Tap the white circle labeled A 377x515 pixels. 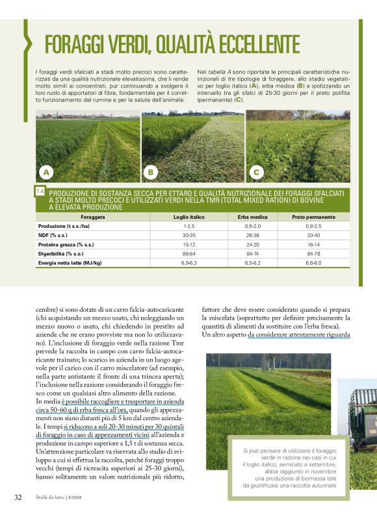tap(46, 172)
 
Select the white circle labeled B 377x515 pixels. tap(151, 172)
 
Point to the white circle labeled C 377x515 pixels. tap(256, 172)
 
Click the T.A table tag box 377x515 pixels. tap(40, 192)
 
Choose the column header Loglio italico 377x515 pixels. tap(190, 217)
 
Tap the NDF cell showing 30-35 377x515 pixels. tap(189, 235)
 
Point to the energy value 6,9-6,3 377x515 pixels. tap(189, 263)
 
